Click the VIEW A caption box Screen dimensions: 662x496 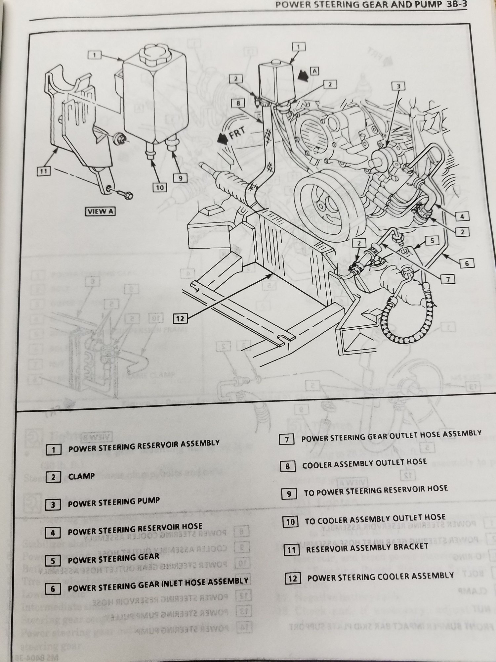click(100, 211)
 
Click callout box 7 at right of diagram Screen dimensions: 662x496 click(448, 279)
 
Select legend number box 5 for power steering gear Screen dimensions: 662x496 click(53, 561)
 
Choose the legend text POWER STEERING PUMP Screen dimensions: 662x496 click(113, 503)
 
